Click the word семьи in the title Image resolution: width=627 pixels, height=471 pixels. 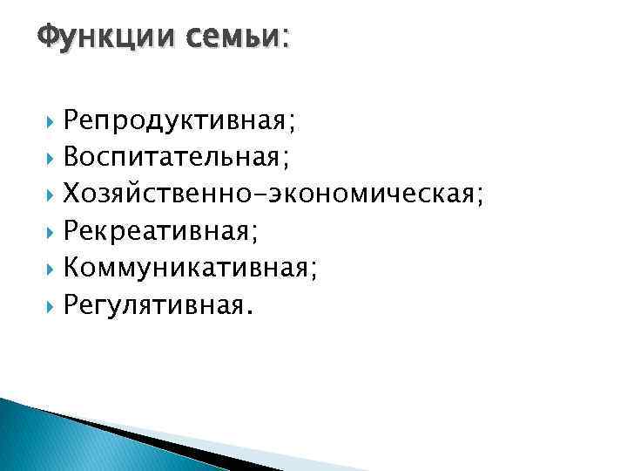pyautogui.click(x=231, y=37)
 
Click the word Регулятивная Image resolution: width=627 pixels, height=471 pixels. pyautogui.click(x=153, y=305)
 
